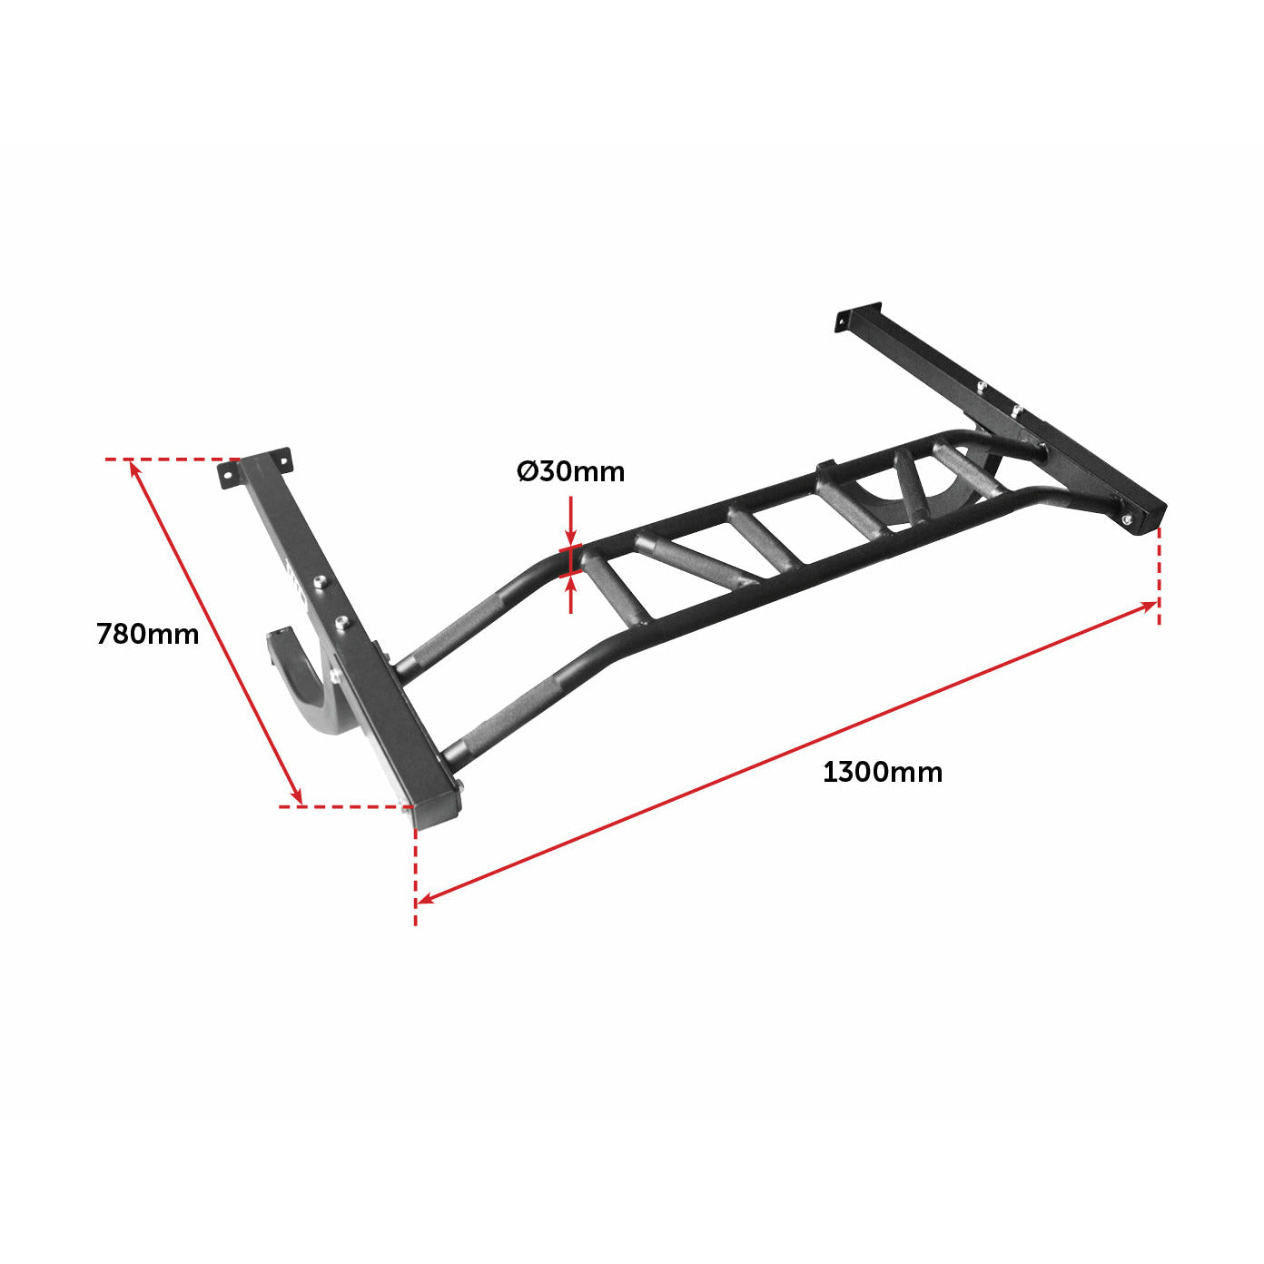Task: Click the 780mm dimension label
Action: click(x=147, y=633)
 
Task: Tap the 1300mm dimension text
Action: click(x=882, y=773)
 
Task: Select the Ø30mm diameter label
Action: click(x=571, y=471)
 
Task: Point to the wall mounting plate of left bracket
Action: click(x=255, y=468)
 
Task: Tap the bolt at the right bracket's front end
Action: click(x=1127, y=520)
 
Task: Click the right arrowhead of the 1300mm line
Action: click(x=1150, y=605)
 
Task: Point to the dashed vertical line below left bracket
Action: click(x=416, y=872)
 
